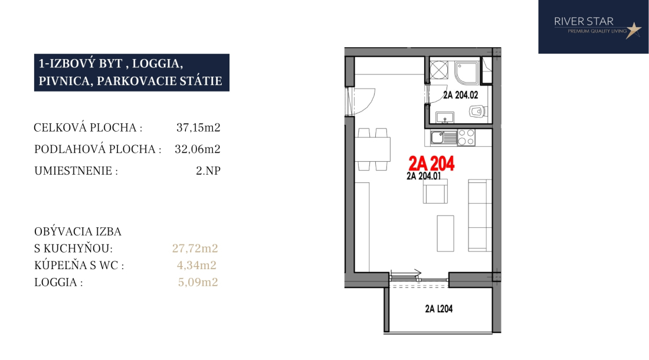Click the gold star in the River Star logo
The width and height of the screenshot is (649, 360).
tap(633, 30)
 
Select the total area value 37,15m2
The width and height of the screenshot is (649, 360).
tap(198, 127)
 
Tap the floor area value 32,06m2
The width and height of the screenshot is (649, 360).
tap(198, 149)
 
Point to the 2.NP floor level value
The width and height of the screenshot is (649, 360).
tap(208, 171)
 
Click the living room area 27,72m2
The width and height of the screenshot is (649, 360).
tap(195, 248)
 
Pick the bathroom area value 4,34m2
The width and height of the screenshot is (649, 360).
tap(196, 265)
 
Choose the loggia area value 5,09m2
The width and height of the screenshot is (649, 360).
tap(198, 282)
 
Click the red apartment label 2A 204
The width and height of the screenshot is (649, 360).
tap(431, 163)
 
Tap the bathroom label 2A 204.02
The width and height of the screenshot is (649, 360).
tap(460, 95)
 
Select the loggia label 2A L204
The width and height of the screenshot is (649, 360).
tap(439, 309)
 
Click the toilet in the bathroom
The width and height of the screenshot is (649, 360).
tap(478, 111)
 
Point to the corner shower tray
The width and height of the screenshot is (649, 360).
tap(467, 73)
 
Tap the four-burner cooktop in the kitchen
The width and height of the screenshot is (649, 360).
tap(466, 138)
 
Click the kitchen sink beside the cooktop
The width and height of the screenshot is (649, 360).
tap(444, 138)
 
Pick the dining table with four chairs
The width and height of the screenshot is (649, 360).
tap(372, 149)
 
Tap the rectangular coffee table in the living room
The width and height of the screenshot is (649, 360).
tap(445, 233)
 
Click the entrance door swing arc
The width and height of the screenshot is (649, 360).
tap(368, 103)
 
